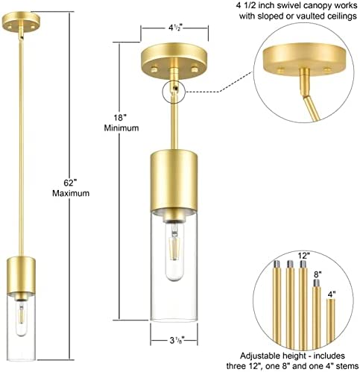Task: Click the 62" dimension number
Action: pos(69,183)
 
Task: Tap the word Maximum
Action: pos(71,193)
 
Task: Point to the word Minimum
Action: pos(121,128)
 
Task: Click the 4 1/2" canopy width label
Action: pos(175,28)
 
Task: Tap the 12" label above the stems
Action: pos(303,256)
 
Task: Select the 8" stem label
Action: pos(318,274)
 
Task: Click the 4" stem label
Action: pos(331,294)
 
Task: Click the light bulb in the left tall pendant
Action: pos(21,319)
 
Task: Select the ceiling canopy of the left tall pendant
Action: pos(21,21)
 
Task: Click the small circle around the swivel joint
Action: pos(174,92)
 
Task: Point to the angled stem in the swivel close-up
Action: pos(311,108)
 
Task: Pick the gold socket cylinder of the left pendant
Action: pos(21,275)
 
